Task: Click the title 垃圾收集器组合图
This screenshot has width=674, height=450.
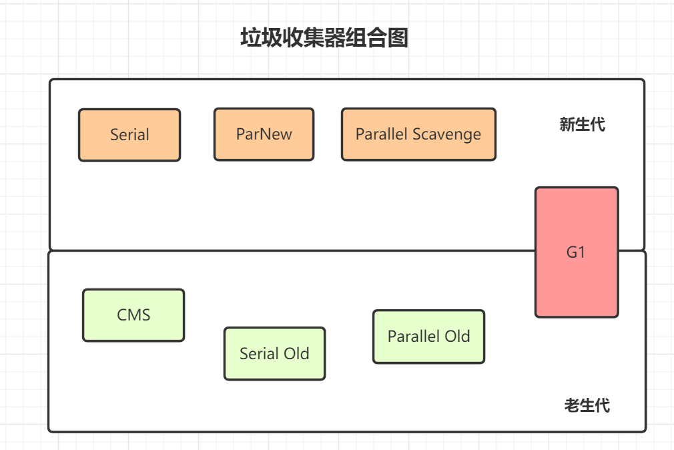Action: click(324, 38)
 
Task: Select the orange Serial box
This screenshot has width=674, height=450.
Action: click(129, 135)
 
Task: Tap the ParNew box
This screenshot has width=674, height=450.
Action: click(264, 134)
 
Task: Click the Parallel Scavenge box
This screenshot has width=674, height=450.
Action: click(418, 134)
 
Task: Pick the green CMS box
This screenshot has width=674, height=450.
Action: click(133, 315)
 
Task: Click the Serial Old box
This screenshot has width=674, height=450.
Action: click(274, 354)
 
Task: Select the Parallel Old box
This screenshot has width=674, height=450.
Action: click(428, 336)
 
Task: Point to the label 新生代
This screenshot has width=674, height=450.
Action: click(582, 124)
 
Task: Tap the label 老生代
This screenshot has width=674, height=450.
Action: click(587, 405)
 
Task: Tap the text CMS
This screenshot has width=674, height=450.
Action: click(133, 315)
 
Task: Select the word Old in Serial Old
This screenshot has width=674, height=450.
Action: click(296, 353)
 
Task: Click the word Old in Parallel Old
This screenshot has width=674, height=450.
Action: click(458, 336)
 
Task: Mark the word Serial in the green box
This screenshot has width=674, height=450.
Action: click(259, 353)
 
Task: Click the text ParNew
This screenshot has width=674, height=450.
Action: click(264, 134)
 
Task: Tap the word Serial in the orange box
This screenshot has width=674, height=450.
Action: click(129, 135)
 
